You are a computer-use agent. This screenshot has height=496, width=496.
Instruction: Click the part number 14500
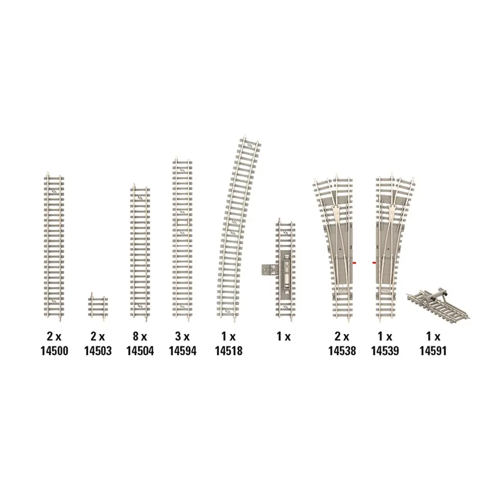click(x=54, y=351)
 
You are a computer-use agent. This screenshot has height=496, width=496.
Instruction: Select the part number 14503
click(x=98, y=351)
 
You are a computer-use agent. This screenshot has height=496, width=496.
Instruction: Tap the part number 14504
click(x=140, y=351)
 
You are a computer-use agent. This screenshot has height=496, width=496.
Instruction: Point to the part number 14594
click(x=183, y=351)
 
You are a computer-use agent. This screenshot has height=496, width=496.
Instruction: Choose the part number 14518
click(x=228, y=351)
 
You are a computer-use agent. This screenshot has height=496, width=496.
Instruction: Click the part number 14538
click(x=342, y=351)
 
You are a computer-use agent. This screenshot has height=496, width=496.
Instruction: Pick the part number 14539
click(x=385, y=351)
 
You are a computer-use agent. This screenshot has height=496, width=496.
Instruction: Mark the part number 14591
click(x=433, y=351)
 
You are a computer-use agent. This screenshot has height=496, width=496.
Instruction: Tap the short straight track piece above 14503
click(x=98, y=307)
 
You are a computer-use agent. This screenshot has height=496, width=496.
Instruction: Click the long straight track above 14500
click(x=54, y=246)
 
